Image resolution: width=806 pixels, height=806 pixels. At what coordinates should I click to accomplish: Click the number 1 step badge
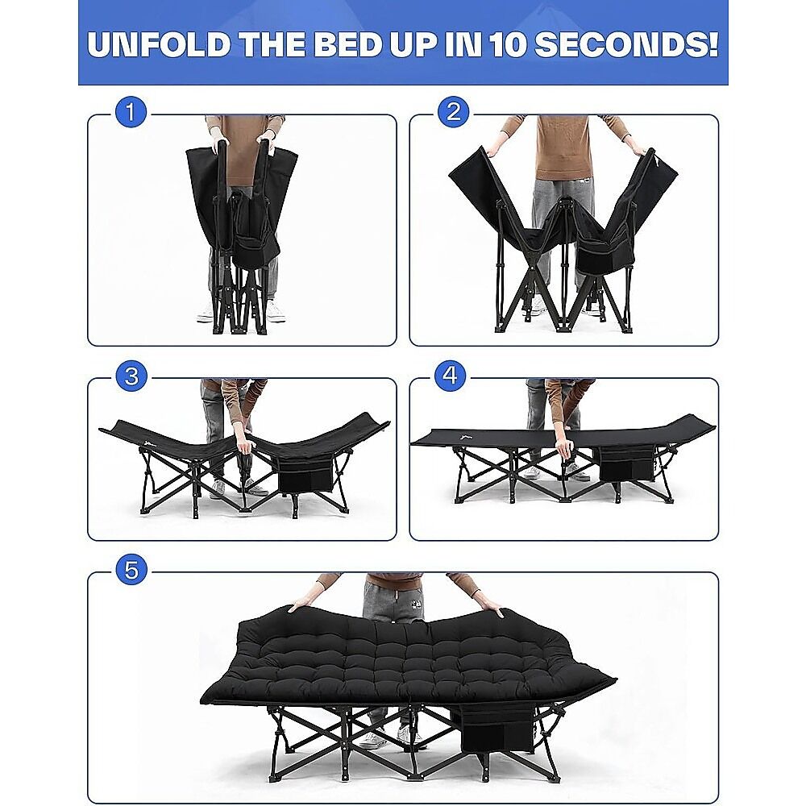click(131, 112)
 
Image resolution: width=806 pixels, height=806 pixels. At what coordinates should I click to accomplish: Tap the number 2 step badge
click(453, 112)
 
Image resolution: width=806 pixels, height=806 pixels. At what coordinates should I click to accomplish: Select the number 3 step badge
click(131, 376)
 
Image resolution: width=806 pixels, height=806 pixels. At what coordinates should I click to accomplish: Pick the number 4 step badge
click(450, 376)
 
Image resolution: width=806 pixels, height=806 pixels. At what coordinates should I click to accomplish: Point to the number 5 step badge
click(131, 571)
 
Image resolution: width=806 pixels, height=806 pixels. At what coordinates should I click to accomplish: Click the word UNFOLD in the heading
click(159, 44)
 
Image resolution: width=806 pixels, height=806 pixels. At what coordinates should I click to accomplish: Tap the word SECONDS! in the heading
click(626, 44)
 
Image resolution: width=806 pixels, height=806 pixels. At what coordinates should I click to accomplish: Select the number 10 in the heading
click(508, 44)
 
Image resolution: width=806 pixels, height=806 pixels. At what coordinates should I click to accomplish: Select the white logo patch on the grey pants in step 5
click(413, 601)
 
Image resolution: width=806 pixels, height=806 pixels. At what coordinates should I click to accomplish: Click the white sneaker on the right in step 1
click(275, 311)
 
